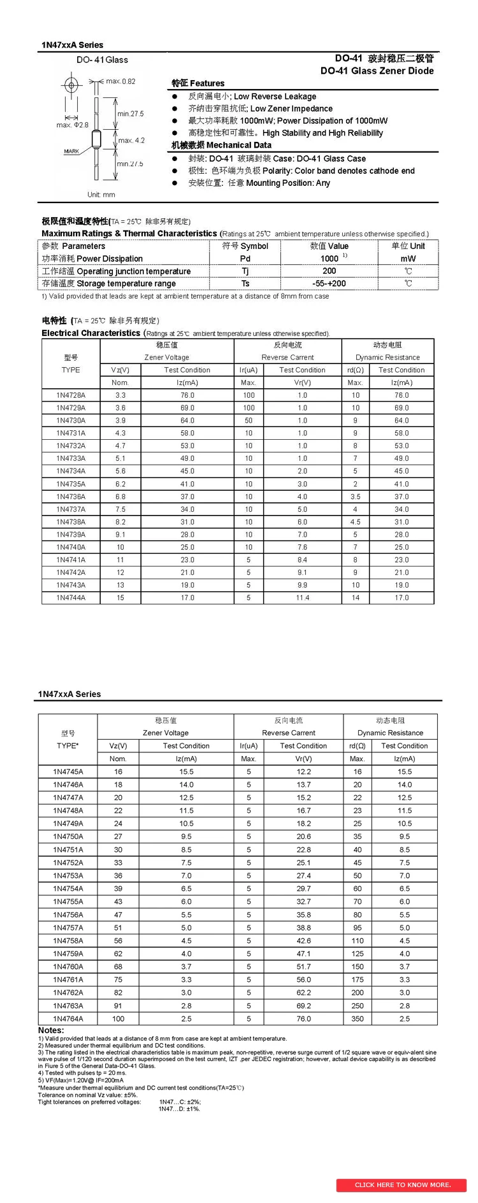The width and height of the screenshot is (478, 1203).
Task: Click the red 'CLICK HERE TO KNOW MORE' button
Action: [402, 1185]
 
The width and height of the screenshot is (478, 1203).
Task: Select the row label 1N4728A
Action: [71, 395]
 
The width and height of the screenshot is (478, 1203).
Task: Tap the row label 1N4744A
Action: [71, 598]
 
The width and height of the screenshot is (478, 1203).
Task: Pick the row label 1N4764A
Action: [68, 1018]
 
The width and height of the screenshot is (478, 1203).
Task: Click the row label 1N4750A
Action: [68, 836]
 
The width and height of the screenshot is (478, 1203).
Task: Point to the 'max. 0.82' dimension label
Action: [120, 81]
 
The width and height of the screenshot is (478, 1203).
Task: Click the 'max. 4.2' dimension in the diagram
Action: [131, 140]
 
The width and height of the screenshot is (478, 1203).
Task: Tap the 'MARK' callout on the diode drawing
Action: [71, 151]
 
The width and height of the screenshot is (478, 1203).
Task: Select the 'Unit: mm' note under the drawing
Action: [101, 195]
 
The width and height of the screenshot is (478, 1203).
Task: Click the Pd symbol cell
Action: [245, 258]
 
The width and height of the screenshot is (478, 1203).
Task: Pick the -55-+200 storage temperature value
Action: [330, 283]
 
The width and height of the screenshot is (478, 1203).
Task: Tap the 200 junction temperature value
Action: [330, 271]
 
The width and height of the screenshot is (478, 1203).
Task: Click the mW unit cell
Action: [408, 258]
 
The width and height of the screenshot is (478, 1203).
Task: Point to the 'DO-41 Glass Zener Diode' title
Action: [377, 71]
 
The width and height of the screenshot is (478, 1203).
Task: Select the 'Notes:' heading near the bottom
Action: [51, 1030]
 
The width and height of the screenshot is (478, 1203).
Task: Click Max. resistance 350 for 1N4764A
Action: [358, 1018]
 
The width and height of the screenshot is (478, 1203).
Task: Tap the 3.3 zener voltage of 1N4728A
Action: [120, 395]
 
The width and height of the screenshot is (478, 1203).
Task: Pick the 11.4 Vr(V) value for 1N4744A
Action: [302, 598]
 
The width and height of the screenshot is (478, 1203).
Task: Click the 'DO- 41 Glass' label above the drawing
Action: [102, 60]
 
